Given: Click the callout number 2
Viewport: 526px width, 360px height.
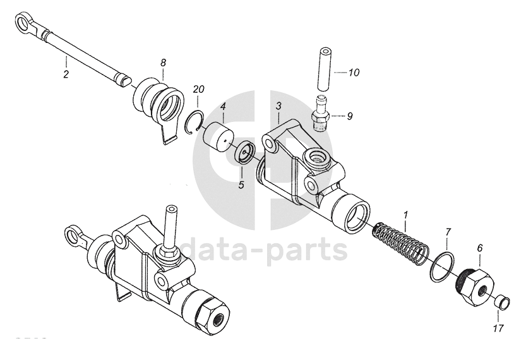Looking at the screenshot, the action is (66, 74).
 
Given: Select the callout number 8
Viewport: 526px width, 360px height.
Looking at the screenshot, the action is (163, 63).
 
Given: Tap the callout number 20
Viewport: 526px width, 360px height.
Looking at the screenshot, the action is (198, 90).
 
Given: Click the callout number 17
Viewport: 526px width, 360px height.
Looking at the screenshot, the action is (499, 328).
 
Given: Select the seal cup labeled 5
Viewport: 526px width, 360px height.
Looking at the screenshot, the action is (246, 153).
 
